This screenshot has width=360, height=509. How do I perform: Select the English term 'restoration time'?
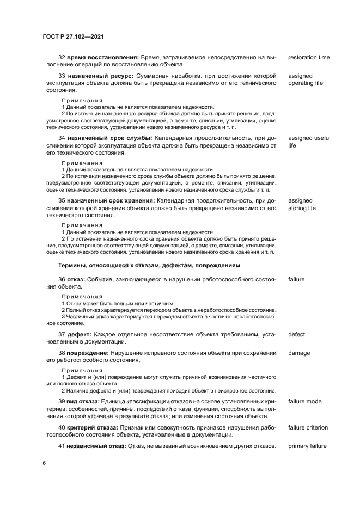click(309, 57)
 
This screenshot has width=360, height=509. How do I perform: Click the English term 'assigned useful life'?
click(309, 142)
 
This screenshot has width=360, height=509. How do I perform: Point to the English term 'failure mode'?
click(304, 401)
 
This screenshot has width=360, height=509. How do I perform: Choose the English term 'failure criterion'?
click(308, 427)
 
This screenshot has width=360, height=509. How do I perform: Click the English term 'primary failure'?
click(307, 446)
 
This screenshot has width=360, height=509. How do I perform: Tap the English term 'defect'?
click(296, 334)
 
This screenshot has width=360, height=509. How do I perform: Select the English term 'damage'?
click(299, 353)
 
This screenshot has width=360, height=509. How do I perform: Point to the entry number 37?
click(62, 334)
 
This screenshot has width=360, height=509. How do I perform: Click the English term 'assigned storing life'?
click(302, 204)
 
